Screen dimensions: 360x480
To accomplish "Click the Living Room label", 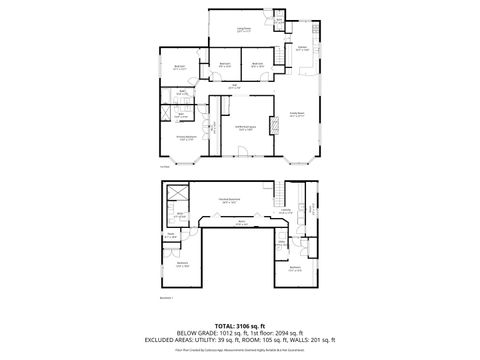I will click(x=243, y=29).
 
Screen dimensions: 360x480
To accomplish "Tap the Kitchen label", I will click(x=301, y=48).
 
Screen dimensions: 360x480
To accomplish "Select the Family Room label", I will click(x=296, y=115).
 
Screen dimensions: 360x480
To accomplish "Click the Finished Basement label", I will click(x=228, y=200).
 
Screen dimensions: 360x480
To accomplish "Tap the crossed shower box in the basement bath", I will click(x=177, y=194).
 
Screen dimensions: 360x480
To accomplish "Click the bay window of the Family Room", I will click(x=299, y=159).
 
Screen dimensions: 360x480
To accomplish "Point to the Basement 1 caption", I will click(x=167, y=297).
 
